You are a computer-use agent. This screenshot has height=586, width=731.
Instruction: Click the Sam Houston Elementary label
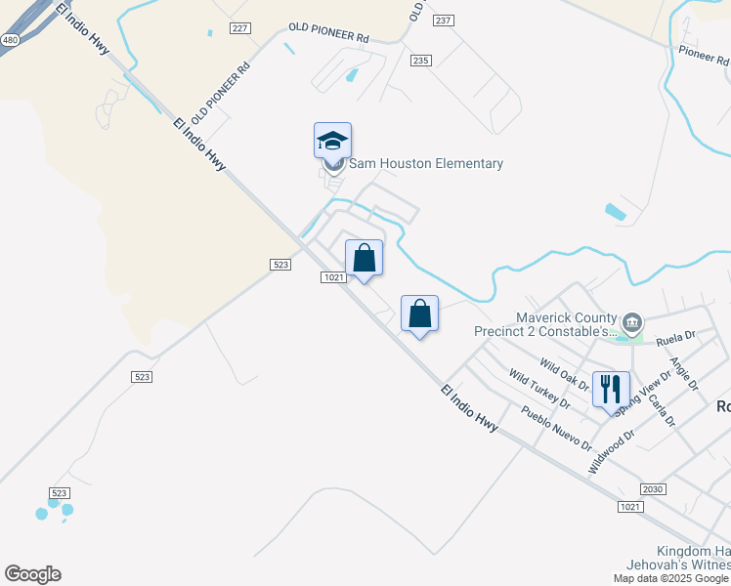425,163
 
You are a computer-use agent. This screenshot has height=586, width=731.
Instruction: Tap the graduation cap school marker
332,142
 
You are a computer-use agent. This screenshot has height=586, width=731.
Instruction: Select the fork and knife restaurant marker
611,389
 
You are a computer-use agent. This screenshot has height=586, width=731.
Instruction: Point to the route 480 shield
10,40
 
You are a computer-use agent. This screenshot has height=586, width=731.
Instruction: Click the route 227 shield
240,28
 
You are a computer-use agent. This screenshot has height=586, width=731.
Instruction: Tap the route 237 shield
445,21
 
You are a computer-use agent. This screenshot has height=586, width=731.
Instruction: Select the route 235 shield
421,61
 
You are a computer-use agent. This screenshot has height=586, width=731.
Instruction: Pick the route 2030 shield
654,488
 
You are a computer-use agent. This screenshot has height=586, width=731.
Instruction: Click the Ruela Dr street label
675,340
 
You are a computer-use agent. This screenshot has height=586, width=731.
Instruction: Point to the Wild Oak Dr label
564,376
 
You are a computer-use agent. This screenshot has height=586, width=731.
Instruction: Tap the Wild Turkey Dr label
538,387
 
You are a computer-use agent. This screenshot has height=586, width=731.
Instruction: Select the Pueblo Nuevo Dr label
556,428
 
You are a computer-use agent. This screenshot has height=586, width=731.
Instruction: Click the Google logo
32,574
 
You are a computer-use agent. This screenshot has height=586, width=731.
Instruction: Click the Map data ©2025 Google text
671,578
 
